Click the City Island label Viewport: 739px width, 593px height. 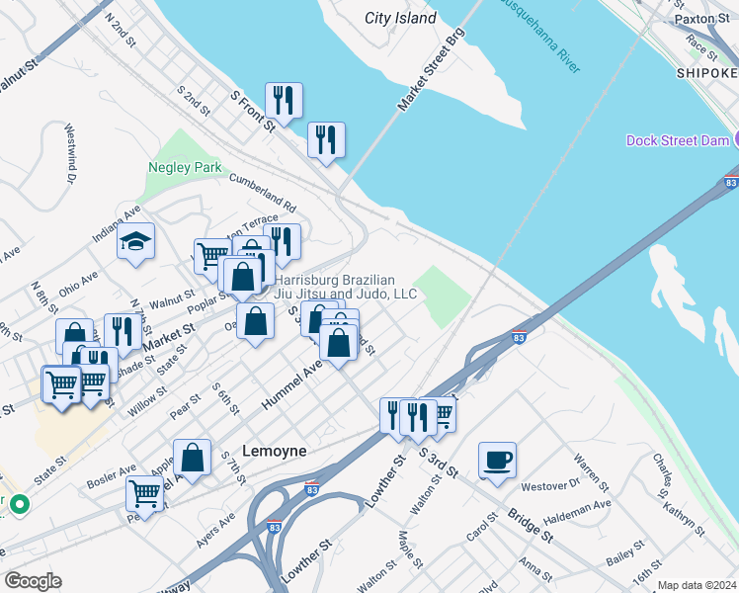(400, 18)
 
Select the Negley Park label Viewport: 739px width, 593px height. (185, 167)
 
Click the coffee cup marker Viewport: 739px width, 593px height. (497, 460)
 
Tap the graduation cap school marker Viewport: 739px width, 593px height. (135, 242)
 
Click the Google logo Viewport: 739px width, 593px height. (32, 581)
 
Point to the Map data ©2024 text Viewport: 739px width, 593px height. (696, 585)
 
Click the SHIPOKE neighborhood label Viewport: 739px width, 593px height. (706, 73)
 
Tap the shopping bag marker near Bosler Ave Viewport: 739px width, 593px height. (192, 459)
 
